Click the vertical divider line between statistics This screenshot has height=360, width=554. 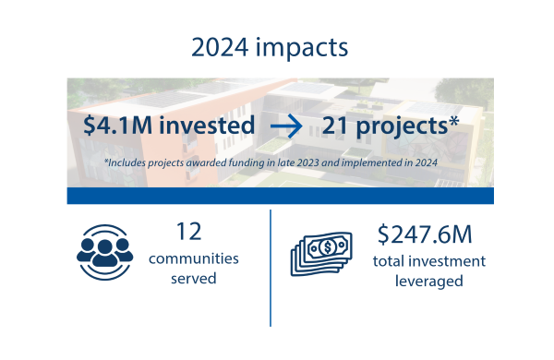click(x=271, y=268)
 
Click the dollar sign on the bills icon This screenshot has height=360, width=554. click(x=328, y=246)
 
